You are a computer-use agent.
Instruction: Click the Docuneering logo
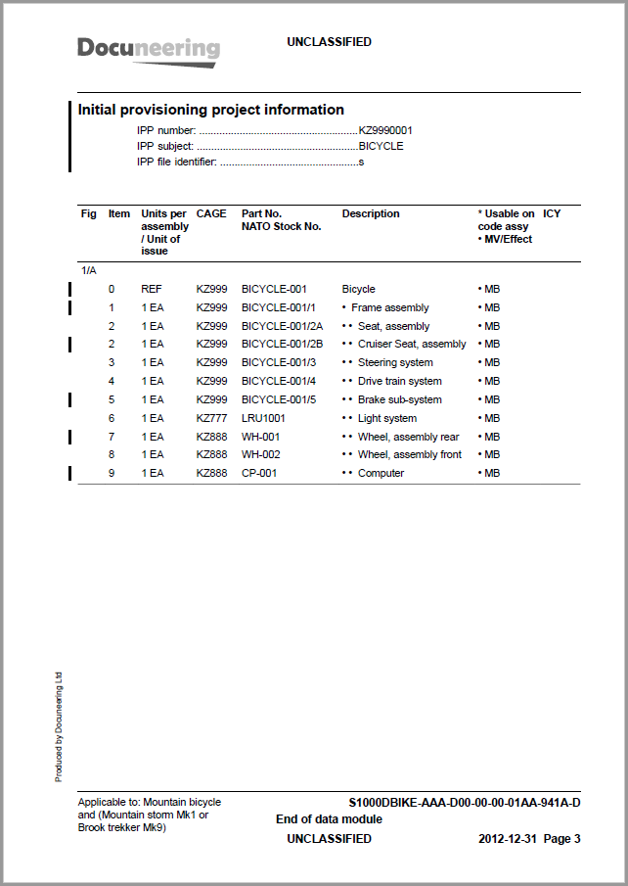point(149,49)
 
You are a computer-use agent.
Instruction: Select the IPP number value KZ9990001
point(385,130)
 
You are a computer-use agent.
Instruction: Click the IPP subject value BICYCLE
point(381,146)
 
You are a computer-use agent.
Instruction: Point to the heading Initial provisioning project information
point(211,110)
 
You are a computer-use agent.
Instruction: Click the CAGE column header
point(211,213)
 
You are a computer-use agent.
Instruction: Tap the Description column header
point(371,213)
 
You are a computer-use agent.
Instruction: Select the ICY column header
point(552,213)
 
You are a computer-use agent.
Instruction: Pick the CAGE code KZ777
point(211,418)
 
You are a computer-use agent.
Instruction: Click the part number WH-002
point(261,454)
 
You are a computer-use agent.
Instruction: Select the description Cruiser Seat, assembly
point(412,344)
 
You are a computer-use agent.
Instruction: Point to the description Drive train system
point(399,381)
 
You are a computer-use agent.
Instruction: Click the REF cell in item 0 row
point(152,289)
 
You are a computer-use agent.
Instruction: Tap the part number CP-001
point(260,473)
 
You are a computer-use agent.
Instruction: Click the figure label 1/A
point(87,269)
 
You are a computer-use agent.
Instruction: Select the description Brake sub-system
point(399,399)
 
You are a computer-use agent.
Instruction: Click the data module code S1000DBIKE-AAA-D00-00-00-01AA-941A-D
point(465,803)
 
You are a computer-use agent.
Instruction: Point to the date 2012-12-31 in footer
point(508,839)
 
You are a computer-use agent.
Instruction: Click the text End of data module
point(329,819)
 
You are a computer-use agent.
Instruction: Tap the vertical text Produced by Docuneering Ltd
point(59,725)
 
